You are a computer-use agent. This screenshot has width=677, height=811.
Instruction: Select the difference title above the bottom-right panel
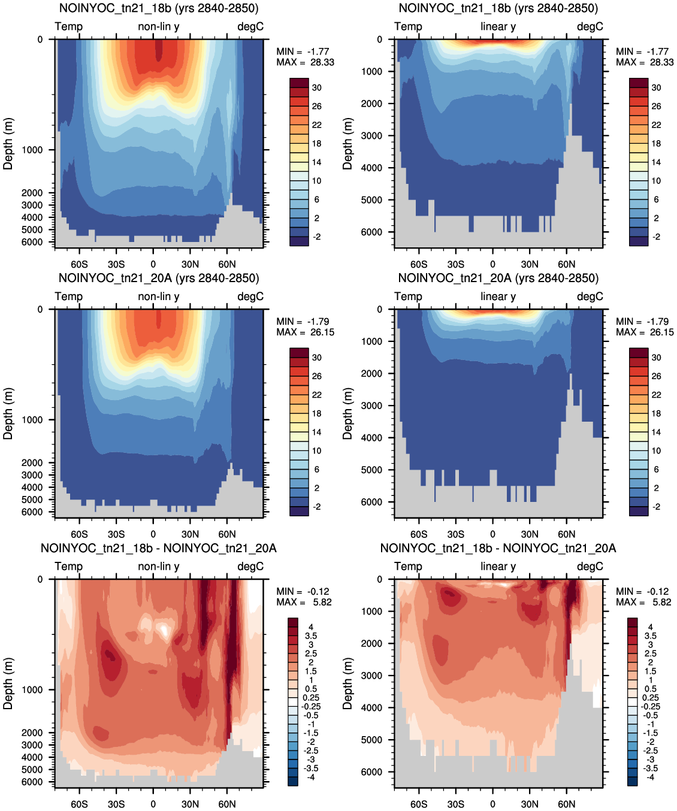point(498,548)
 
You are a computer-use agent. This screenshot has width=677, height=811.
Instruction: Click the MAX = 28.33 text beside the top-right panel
point(645,62)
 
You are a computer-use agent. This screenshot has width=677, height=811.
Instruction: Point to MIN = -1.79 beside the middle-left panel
point(303,322)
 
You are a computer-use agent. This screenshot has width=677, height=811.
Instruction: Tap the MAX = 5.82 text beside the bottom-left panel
point(304,602)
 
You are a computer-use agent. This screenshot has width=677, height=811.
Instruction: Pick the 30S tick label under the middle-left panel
point(116,534)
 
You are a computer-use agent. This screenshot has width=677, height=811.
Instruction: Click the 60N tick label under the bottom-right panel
point(566,804)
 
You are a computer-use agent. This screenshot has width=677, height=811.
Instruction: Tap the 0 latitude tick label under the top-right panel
point(492,264)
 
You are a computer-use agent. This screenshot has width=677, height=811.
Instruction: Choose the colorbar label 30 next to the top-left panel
point(317,88)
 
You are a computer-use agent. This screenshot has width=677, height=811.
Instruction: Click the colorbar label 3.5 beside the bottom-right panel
point(650,636)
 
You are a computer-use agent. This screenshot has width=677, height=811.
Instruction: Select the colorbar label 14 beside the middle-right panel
point(656,432)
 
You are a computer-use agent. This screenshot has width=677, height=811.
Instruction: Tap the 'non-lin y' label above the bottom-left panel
point(159,567)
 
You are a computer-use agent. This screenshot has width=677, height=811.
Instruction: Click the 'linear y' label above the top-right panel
point(498,27)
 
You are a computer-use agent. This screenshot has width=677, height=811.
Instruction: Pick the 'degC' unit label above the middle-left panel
point(250,296)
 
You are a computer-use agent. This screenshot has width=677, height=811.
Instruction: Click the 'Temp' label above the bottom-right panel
point(408,567)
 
